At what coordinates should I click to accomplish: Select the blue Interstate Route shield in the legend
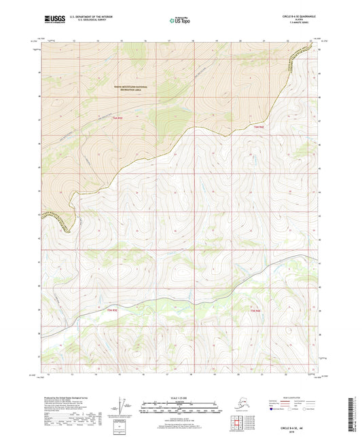point(268,409)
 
